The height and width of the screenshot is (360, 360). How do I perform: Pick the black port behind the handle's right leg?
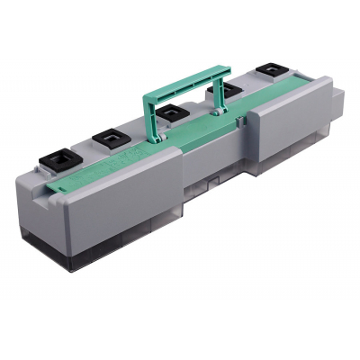point(220,90)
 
